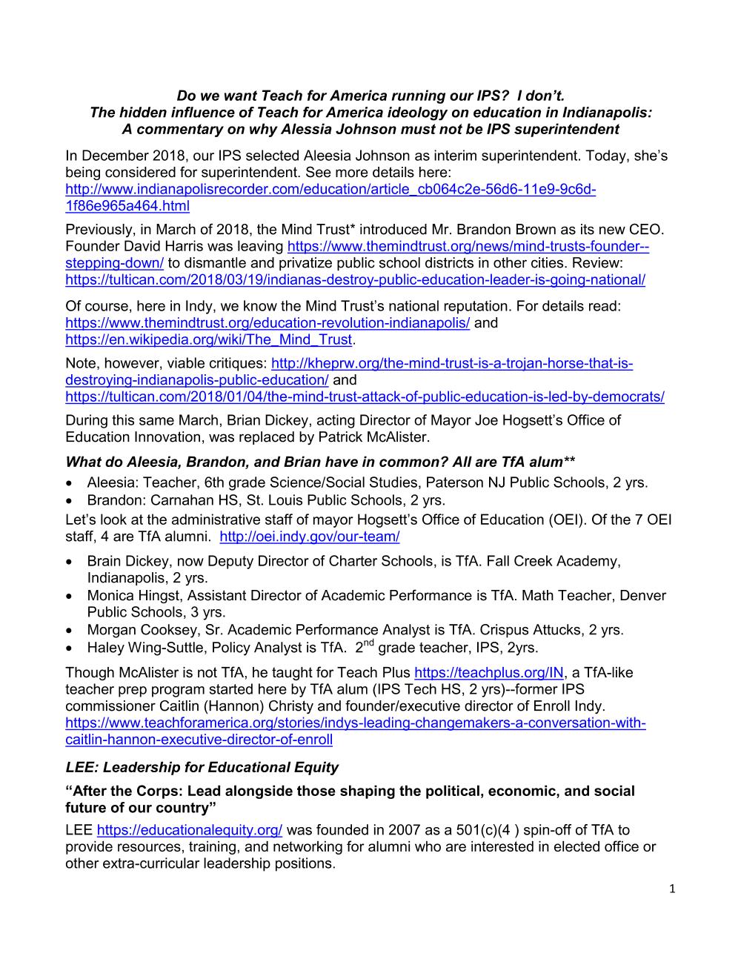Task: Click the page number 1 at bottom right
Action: click(x=672, y=889)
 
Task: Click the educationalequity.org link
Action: click(x=190, y=830)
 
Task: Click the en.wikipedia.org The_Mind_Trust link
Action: click(x=208, y=339)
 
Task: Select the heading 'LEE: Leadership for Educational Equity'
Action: click(x=202, y=767)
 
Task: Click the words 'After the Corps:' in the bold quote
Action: click(x=122, y=791)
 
